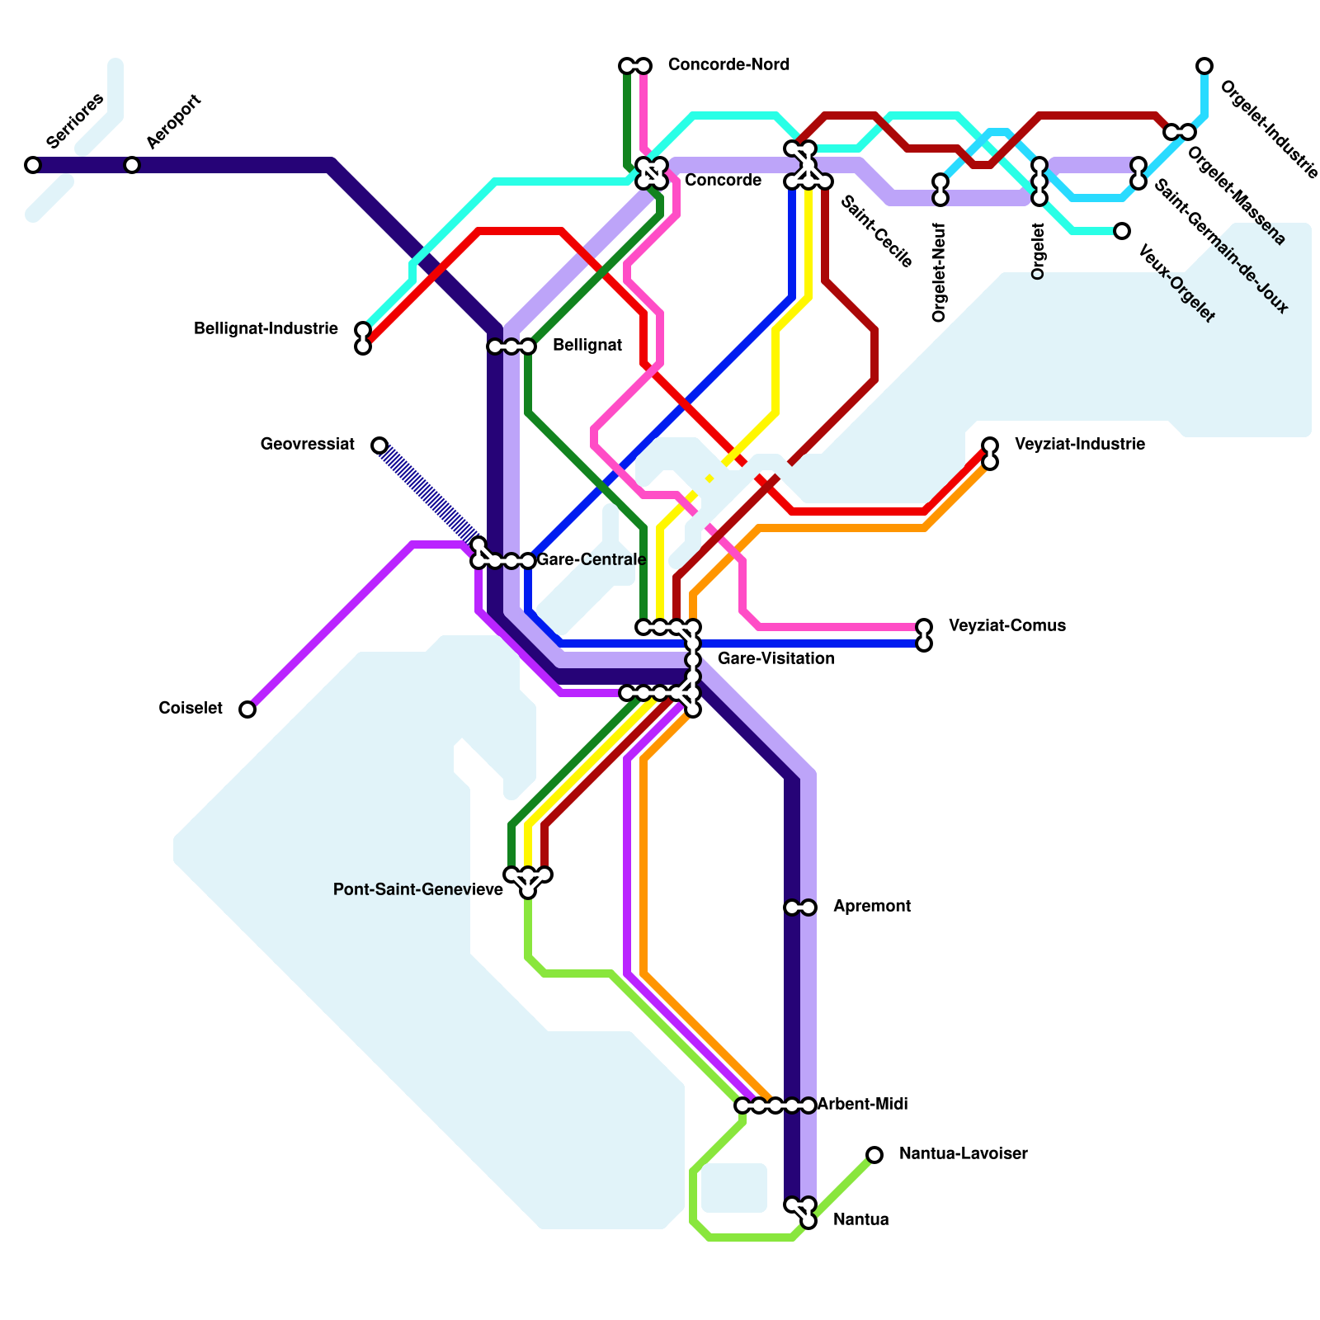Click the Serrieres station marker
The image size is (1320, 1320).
click(x=33, y=165)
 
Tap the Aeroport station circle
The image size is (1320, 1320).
click(x=132, y=165)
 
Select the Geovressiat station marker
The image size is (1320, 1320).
click(x=379, y=445)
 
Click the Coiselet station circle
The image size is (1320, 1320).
click(x=247, y=709)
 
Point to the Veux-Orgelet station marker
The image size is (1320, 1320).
click(x=1122, y=231)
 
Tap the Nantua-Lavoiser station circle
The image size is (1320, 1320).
click(x=874, y=1155)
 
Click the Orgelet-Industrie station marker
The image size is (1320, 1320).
click(x=1204, y=66)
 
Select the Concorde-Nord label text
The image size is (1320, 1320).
click(x=728, y=64)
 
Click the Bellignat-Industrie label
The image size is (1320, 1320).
click(x=266, y=329)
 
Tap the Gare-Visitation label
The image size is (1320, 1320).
click(x=775, y=658)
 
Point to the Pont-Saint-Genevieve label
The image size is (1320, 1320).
click(x=417, y=889)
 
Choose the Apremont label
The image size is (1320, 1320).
click(x=871, y=906)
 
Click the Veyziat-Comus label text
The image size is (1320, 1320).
click(x=1006, y=625)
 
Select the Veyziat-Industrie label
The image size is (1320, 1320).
click(x=1079, y=444)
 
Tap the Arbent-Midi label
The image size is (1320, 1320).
click(x=862, y=1104)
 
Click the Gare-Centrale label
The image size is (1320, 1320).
click(x=591, y=559)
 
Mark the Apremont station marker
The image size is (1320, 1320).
click(x=800, y=907)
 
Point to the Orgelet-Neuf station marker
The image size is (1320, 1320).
click(x=940, y=190)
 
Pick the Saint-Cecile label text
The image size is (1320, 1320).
click(x=876, y=232)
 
